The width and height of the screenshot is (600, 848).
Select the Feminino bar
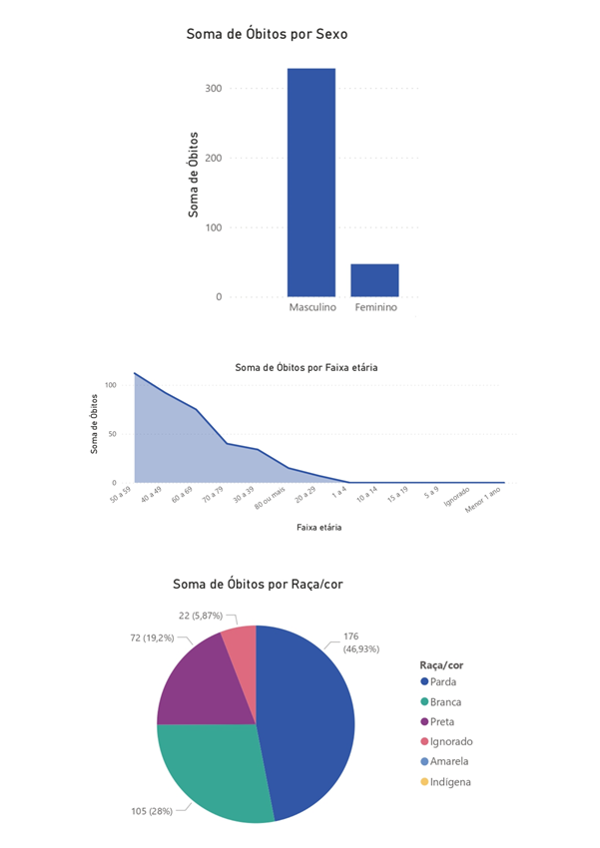[x=374, y=280]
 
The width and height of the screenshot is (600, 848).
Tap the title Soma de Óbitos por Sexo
[x=267, y=35]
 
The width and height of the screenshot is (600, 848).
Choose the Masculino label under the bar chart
[x=312, y=308]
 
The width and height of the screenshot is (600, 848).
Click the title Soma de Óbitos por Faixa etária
[x=305, y=367]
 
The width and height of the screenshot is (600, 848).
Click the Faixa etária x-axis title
[x=318, y=527]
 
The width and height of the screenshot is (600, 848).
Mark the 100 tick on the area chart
[x=111, y=385]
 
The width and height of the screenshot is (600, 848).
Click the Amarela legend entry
[x=449, y=762]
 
